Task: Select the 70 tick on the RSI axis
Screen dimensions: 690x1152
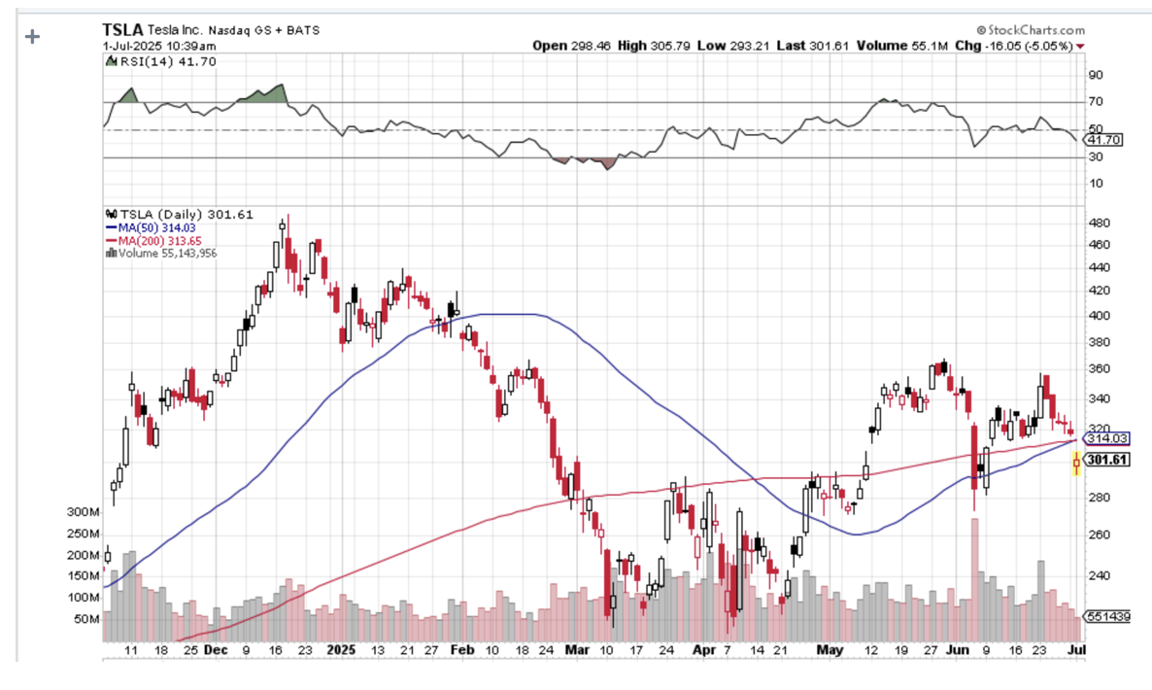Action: (1097, 102)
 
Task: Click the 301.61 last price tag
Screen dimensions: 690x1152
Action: (1108, 460)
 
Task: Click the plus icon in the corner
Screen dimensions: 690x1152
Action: (33, 37)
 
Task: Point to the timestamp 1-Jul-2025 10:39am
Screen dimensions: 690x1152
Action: (159, 46)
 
